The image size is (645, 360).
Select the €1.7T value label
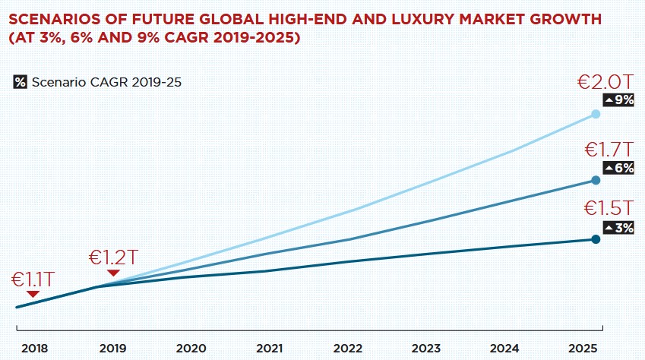pos(607,150)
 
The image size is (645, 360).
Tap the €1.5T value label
pos(608,208)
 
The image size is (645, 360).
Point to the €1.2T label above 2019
pos(113,256)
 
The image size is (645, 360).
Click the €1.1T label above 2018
pos(32,279)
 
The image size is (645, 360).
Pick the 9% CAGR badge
pos(618,100)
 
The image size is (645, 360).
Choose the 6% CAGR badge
pos(618,168)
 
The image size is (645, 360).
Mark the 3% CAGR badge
pos(618,226)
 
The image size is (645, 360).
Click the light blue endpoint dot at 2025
pos(596,114)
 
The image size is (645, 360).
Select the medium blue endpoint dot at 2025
pos(596,180)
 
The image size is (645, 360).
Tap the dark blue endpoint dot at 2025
pos(596,239)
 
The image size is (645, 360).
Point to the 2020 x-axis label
pos(191,348)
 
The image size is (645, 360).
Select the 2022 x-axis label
pos(347,348)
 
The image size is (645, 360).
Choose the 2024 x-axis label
pos(504,348)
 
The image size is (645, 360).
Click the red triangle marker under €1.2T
pos(113,273)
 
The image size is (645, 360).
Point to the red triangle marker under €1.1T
pos(32,295)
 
